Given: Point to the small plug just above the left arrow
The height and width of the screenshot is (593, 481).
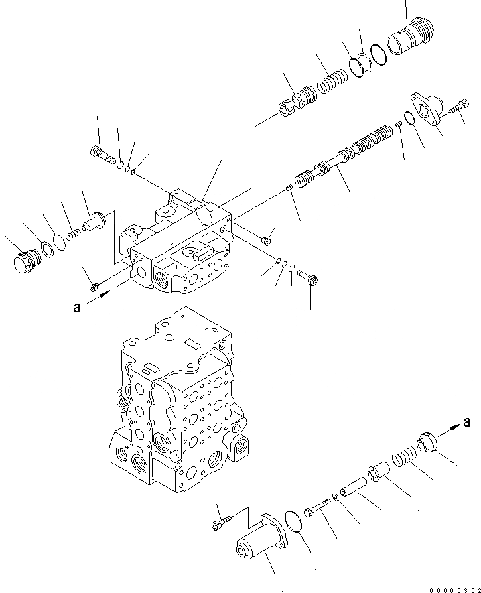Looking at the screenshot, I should click(94, 286).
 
